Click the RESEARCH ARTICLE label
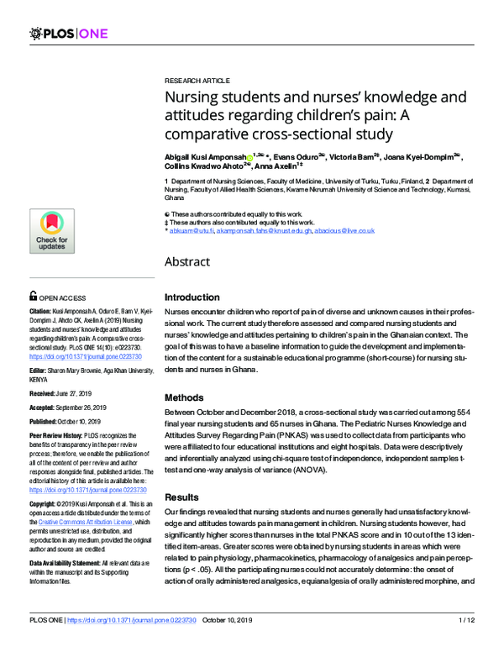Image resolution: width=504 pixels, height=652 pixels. tap(197, 76)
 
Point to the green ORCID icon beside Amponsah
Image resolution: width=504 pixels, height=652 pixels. tap(251, 157)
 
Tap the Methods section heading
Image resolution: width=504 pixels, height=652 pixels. tap(184, 397)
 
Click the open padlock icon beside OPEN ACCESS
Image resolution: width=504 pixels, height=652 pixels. tap(33, 296)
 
